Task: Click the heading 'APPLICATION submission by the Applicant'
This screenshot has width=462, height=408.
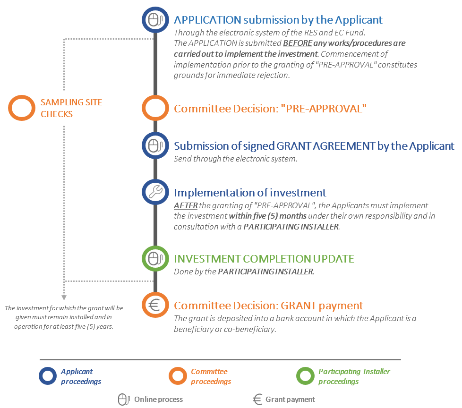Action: (278, 20)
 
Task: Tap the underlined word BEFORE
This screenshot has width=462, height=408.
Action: (297, 43)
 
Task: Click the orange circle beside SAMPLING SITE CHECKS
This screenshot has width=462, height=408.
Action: (20, 108)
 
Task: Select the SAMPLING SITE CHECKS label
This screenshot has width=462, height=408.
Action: (71, 108)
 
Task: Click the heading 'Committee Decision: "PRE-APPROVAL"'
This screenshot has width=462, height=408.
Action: (270, 109)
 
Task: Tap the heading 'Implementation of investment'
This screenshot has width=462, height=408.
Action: (250, 193)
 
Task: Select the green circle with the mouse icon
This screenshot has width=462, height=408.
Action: (154, 258)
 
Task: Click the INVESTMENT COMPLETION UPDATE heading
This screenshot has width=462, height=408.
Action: (264, 259)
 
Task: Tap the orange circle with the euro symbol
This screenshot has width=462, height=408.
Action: (154, 305)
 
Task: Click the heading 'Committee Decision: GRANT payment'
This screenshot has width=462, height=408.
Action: (268, 306)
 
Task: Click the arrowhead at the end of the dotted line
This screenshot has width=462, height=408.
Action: (64, 297)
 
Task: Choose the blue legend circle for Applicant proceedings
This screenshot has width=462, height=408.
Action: (48, 376)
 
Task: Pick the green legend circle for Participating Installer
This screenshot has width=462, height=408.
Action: (305, 376)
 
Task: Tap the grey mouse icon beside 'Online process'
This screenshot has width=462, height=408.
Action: (123, 399)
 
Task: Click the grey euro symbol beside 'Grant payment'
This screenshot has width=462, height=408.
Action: (257, 399)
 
